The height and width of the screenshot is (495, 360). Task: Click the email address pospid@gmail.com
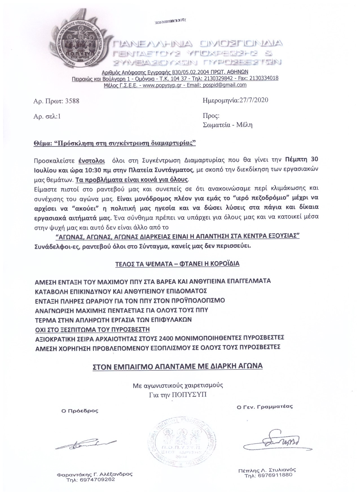pyautogui.click(x=225, y=85)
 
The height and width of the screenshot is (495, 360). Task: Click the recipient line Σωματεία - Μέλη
pyautogui.click(x=227, y=125)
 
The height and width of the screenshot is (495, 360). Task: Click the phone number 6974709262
pyautogui.click(x=91, y=479)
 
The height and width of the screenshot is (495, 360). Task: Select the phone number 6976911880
pyautogui.click(x=268, y=475)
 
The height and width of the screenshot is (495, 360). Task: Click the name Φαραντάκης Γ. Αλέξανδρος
pyautogui.click(x=95, y=474)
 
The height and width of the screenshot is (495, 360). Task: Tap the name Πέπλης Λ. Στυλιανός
pyautogui.click(x=267, y=470)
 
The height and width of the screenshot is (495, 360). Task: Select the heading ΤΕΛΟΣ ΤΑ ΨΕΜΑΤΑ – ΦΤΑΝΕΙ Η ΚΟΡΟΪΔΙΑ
pyautogui.click(x=177, y=264)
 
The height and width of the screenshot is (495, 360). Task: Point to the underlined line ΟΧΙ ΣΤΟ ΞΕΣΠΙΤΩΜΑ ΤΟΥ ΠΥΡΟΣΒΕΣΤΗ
pyautogui.click(x=92, y=329)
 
